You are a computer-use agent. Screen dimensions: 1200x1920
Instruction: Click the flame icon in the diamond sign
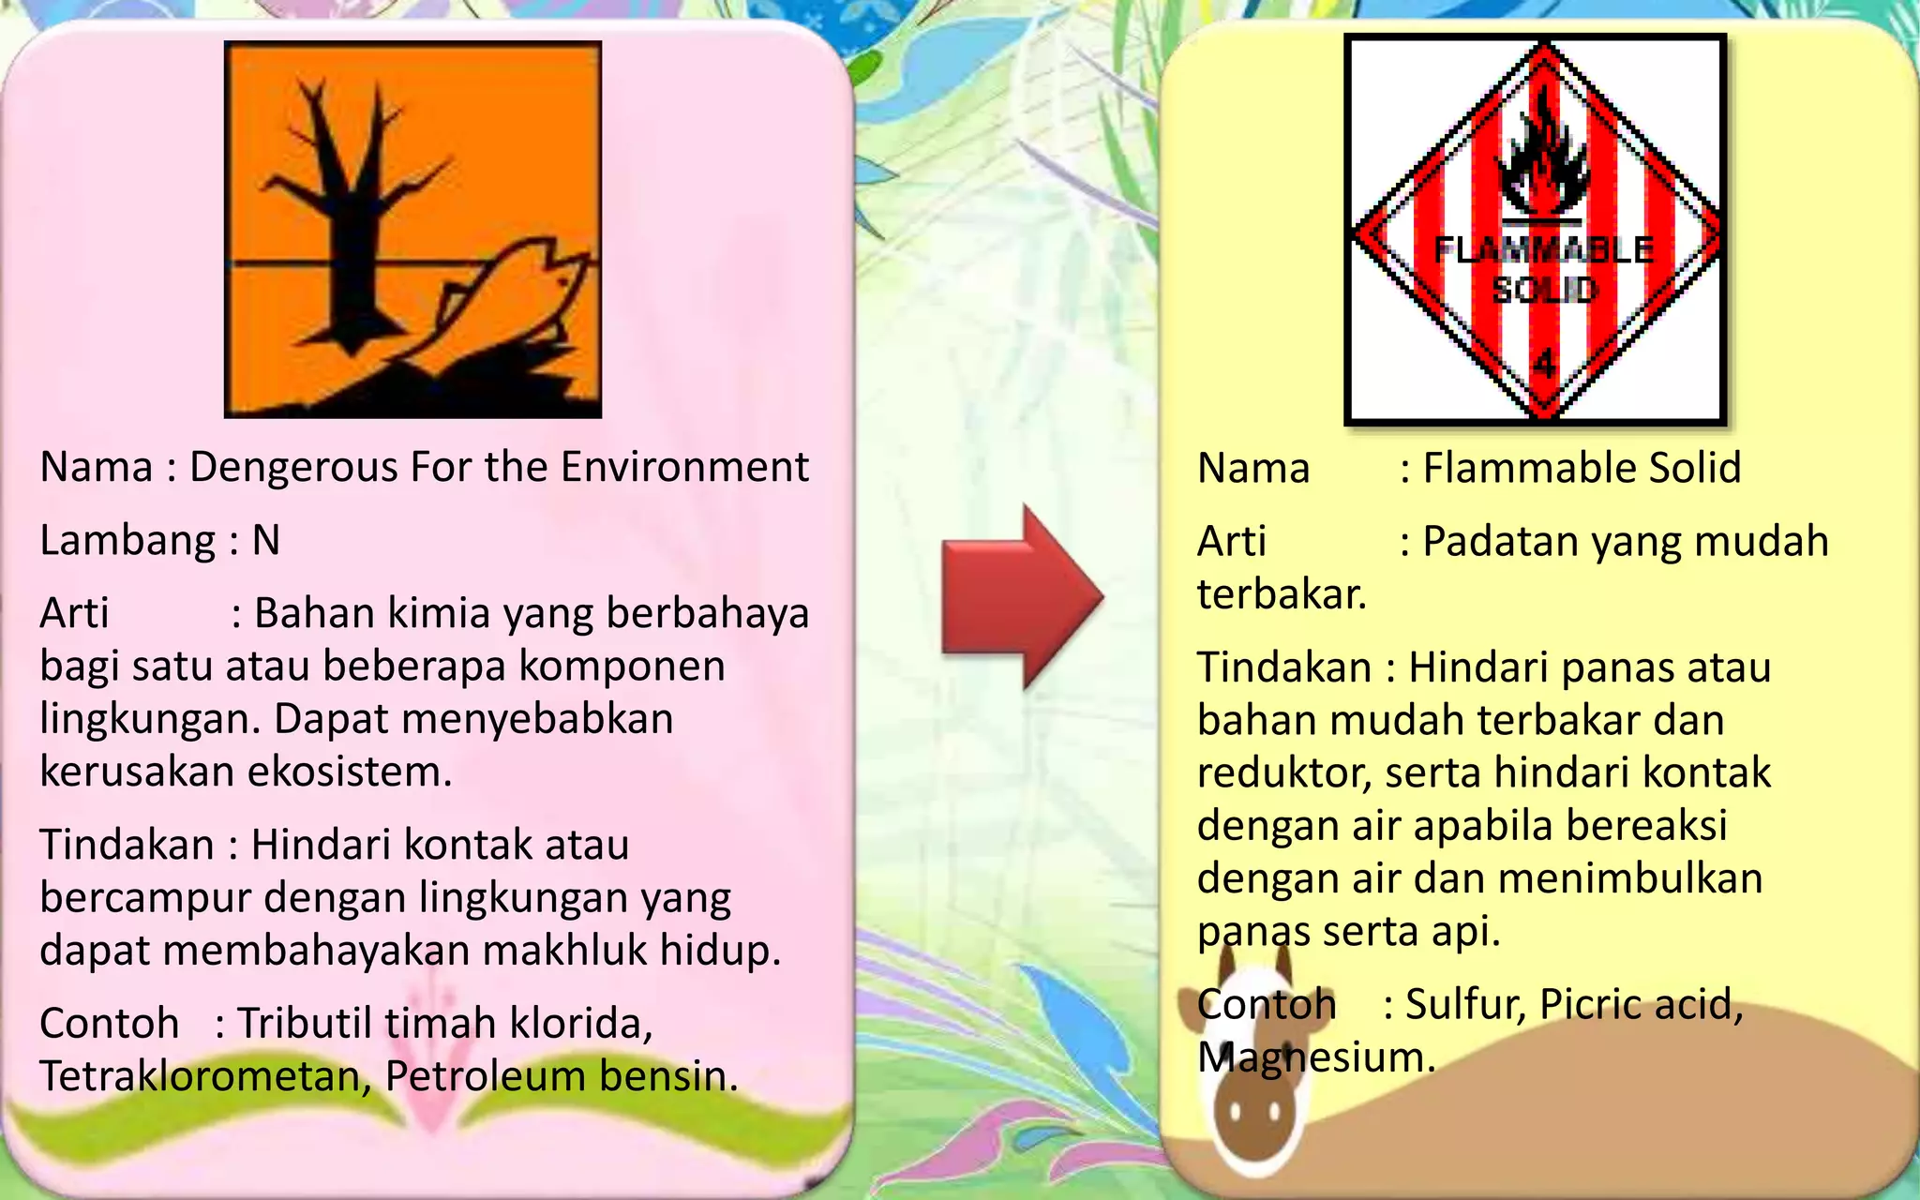pos(1542,159)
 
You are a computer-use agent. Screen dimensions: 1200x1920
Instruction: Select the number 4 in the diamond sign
pos(1544,362)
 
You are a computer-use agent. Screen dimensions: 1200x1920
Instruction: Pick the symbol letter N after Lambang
pos(266,540)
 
